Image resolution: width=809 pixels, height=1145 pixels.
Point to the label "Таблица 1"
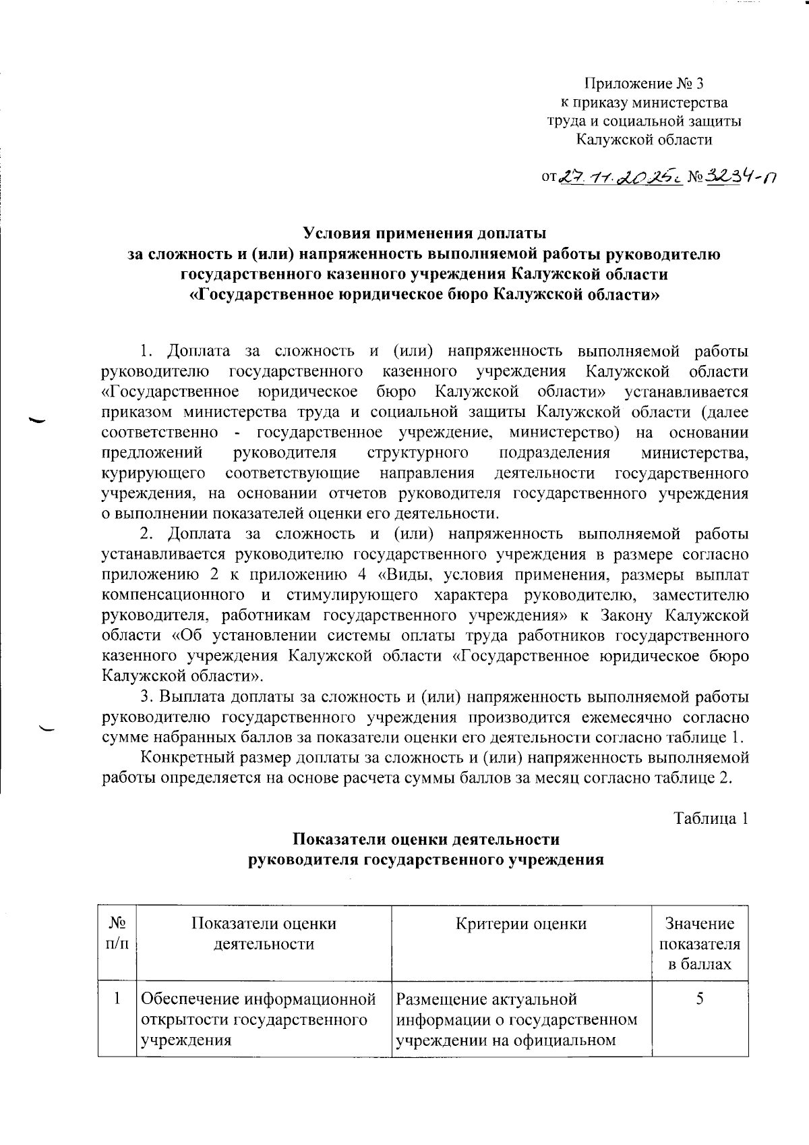click(x=711, y=818)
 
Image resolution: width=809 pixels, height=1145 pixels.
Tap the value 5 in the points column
click(x=700, y=999)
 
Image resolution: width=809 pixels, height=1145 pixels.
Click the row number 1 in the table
click(x=118, y=999)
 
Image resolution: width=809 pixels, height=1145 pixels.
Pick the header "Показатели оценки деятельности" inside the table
click(x=264, y=933)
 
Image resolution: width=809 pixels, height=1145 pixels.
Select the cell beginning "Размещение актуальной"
click(x=516, y=1019)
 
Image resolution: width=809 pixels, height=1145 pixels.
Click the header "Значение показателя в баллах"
click(x=700, y=944)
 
